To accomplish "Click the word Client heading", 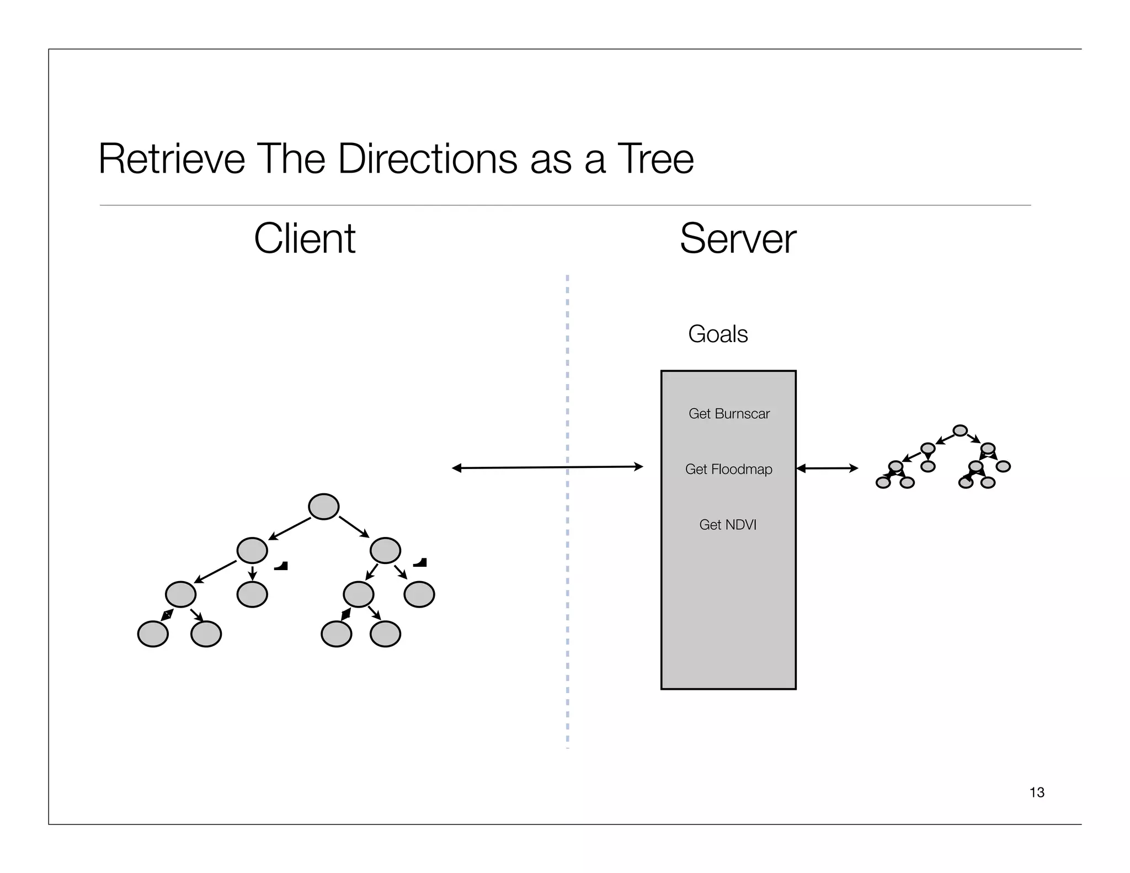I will (x=305, y=238).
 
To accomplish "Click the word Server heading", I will (x=738, y=238).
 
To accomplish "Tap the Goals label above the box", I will (x=718, y=334).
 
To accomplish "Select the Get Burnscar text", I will (x=729, y=413).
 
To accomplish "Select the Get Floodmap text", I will (x=728, y=469).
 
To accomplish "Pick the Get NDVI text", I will (x=728, y=525).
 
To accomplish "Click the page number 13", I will (x=1037, y=792).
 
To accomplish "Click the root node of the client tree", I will (x=323, y=507).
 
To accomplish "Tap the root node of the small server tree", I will (x=960, y=430).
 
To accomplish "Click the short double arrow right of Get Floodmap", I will (x=827, y=469).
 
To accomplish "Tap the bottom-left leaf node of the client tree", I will (x=153, y=634).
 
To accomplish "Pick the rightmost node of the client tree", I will (x=419, y=594).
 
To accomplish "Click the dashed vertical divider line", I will (x=567, y=607).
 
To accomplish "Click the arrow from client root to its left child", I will (x=290, y=529).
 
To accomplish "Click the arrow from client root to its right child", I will (x=354, y=526).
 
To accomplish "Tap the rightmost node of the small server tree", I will (x=1003, y=466).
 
